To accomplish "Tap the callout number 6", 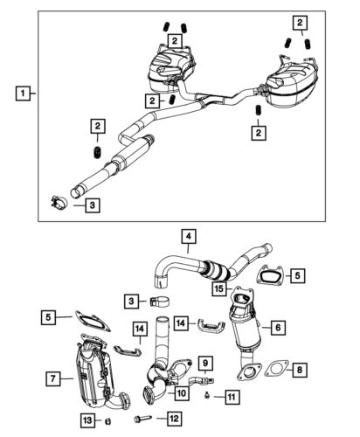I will [x=277, y=326].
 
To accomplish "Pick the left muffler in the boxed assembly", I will [x=171, y=66].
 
